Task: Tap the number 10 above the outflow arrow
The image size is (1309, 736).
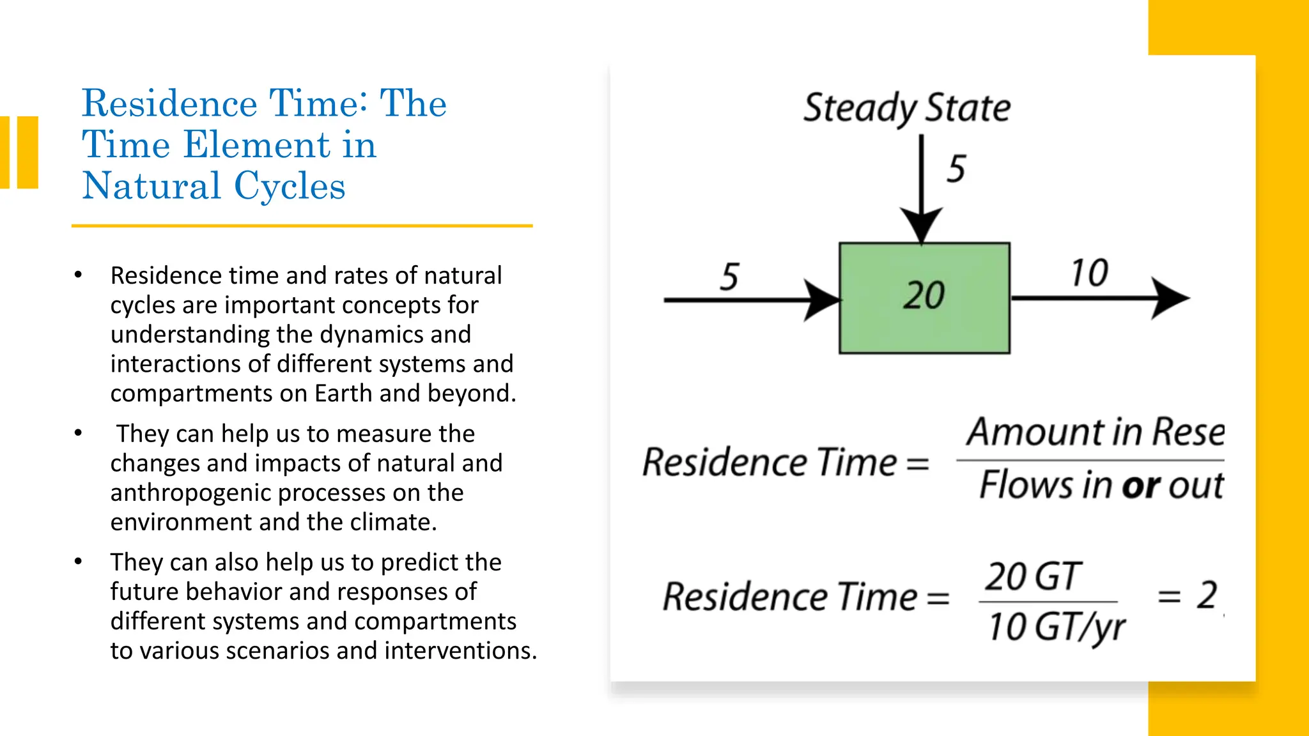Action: pyautogui.click(x=1089, y=273)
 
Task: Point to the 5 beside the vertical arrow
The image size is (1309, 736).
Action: pyautogui.click(x=956, y=169)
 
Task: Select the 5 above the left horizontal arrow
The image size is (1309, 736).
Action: pyautogui.click(x=729, y=277)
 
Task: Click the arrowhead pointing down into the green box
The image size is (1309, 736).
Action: pyautogui.click(x=921, y=225)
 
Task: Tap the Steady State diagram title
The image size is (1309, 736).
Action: pyautogui.click(x=906, y=107)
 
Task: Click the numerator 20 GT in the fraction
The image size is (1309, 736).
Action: pyautogui.click(x=1033, y=576)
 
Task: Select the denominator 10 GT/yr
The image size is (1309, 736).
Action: pyautogui.click(x=1057, y=627)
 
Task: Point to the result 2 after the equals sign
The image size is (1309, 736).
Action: pyautogui.click(x=1206, y=595)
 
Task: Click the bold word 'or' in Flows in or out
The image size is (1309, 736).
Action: pyautogui.click(x=1141, y=486)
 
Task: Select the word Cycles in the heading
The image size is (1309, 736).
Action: pyautogui.click(x=290, y=187)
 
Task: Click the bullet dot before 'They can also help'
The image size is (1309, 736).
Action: pyautogui.click(x=78, y=562)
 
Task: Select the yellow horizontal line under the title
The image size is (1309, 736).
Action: pyautogui.click(x=302, y=226)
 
